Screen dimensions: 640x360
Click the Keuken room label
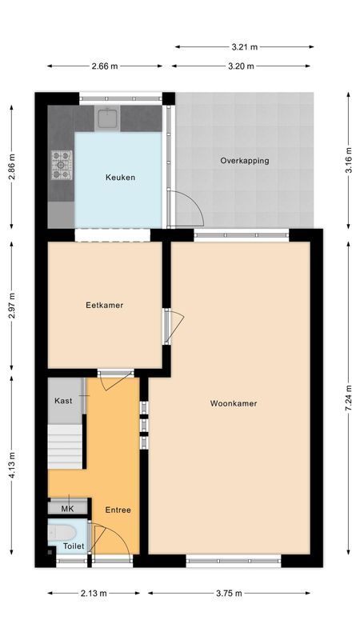[120, 178]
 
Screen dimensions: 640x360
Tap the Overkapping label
[245, 161]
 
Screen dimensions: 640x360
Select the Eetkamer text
[105, 305]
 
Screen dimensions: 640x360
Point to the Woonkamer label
[234, 404]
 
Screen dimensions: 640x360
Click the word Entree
[118, 510]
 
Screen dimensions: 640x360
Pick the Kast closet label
[63, 400]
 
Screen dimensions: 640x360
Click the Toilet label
[74, 546]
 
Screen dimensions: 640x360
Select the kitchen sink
[108, 119]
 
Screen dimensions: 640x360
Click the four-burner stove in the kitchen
[62, 165]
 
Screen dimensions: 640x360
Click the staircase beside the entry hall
[65, 448]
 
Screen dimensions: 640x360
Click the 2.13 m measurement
[94, 594]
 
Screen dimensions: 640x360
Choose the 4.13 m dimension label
[11, 464]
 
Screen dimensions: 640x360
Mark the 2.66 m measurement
[105, 66]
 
